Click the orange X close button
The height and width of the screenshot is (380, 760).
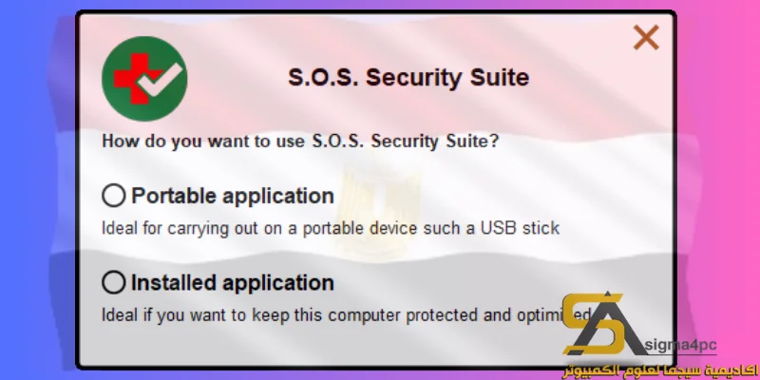646,37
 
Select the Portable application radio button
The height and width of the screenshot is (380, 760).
114,196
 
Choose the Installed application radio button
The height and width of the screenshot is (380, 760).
114,282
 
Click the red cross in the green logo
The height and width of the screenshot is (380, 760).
132,79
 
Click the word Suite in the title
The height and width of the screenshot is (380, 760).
500,77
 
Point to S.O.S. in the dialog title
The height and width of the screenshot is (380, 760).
323,77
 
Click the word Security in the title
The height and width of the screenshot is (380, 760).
414,78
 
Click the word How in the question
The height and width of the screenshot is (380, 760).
116,141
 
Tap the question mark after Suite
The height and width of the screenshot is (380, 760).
493,141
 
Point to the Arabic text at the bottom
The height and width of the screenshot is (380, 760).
659,370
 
